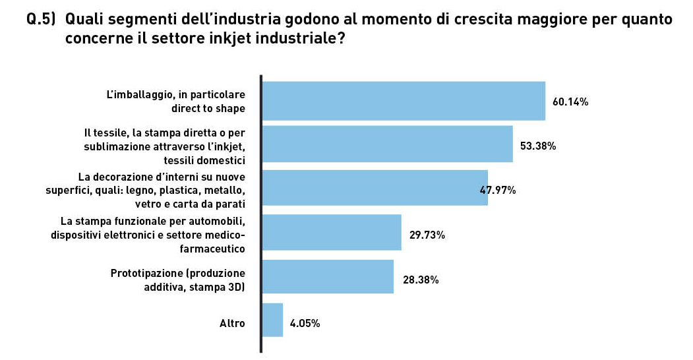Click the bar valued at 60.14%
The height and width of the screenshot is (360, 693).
pyautogui.click(x=404, y=101)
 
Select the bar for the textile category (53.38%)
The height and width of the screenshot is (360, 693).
pyautogui.click(x=388, y=144)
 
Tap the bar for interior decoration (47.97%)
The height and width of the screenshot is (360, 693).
pyautogui.click(x=375, y=189)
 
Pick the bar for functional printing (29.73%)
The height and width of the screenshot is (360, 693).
pyautogui.click(x=332, y=233)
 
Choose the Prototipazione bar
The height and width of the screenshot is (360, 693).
pyautogui.click(x=328, y=277)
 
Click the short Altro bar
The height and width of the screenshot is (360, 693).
pyautogui.click(x=272, y=320)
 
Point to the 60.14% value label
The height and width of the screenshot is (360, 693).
pyautogui.click(x=570, y=102)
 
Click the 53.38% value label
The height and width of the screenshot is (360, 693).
pyautogui.click(x=538, y=146)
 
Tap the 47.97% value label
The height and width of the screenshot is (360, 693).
pyautogui.click(x=498, y=191)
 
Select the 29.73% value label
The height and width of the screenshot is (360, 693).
pyautogui.click(x=427, y=235)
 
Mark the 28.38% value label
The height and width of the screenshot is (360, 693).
pyautogui.click(x=420, y=280)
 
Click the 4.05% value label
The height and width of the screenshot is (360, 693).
pyautogui.click(x=305, y=324)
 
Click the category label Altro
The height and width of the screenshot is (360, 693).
pyautogui.click(x=232, y=324)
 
